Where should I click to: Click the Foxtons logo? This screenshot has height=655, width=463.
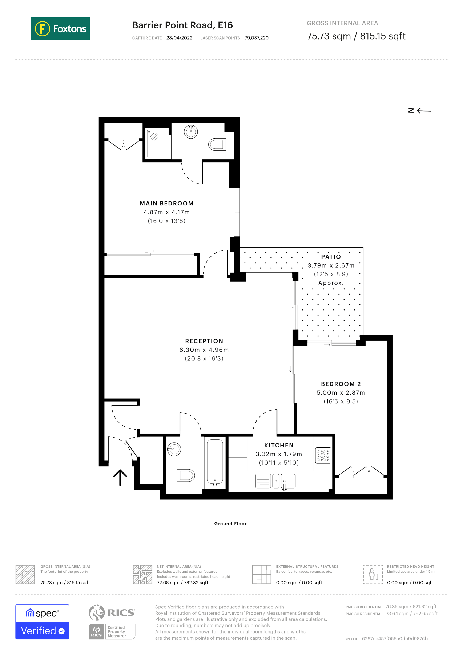(60, 28)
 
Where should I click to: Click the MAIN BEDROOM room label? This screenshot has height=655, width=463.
(166, 203)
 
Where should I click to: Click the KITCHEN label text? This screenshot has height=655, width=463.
(279, 445)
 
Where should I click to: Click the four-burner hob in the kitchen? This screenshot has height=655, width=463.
(323, 455)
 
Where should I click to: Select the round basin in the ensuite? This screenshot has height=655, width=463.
(191, 132)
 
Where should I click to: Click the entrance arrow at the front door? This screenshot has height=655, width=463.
(120, 477)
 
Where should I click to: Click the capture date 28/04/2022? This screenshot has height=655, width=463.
(179, 38)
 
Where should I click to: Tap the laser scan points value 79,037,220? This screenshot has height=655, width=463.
(256, 38)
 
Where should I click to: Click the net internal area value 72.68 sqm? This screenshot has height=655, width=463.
(182, 583)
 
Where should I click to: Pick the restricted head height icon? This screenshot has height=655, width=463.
(373, 574)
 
